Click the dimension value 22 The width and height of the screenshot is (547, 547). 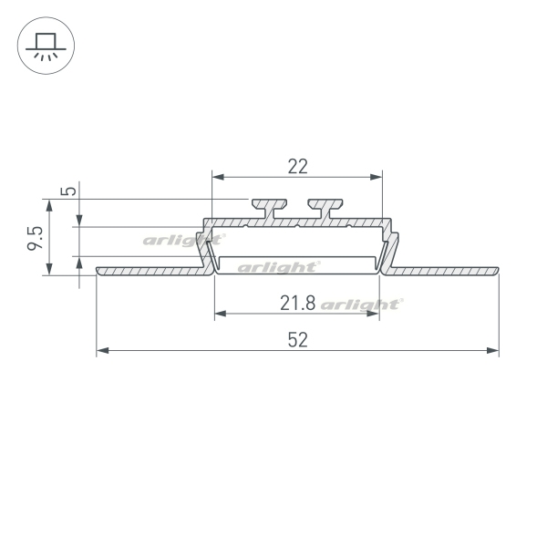[297, 167]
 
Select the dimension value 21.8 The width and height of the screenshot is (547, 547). [297, 303]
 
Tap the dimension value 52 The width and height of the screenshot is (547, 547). [297, 340]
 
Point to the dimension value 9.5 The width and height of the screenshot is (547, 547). [35, 238]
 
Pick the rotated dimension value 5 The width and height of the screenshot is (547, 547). [68, 191]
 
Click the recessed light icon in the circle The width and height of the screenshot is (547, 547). [46, 46]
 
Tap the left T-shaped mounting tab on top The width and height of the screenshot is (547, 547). [269, 209]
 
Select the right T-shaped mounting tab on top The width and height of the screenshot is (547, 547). [325, 209]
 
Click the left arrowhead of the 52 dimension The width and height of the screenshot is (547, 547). [102, 350]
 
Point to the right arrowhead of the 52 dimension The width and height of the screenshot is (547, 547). [492, 350]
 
